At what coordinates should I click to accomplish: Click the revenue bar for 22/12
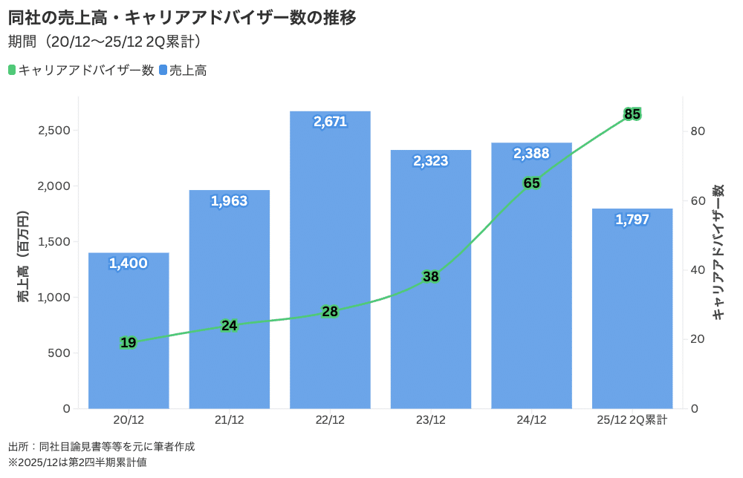pyautogui.click(x=330, y=260)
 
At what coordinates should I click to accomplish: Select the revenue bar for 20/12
pyautogui.click(x=129, y=330)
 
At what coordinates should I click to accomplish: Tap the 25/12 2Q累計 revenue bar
pyautogui.click(x=632, y=308)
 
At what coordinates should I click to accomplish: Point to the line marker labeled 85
pyautogui.click(x=632, y=114)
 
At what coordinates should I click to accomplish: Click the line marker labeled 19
pyautogui.click(x=128, y=342)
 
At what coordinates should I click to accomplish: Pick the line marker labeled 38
pyautogui.click(x=431, y=277)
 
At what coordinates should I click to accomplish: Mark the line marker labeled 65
pyautogui.click(x=531, y=183)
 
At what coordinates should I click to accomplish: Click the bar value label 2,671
pyautogui.click(x=330, y=122)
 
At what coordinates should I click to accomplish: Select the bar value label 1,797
pyautogui.click(x=632, y=220)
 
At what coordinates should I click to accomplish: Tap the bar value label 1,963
pyautogui.click(x=229, y=201)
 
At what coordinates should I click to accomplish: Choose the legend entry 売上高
pyautogui.click(x=182, y=71)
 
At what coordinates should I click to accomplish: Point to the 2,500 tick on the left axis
pyautogui.click(x=53, y=131)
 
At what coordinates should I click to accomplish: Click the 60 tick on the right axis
pyautogui.click(x=697, y=200)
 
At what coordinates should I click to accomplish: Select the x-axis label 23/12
pyautogui.click(x=431, y=420)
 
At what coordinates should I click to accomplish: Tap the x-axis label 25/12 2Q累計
pyautogui.click(x=632, y=420)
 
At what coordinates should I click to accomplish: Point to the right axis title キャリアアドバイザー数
pyautogui.click(x=718, y=252)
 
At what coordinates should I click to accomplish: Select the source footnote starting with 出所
pyautogui.click(x=101, y=447)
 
